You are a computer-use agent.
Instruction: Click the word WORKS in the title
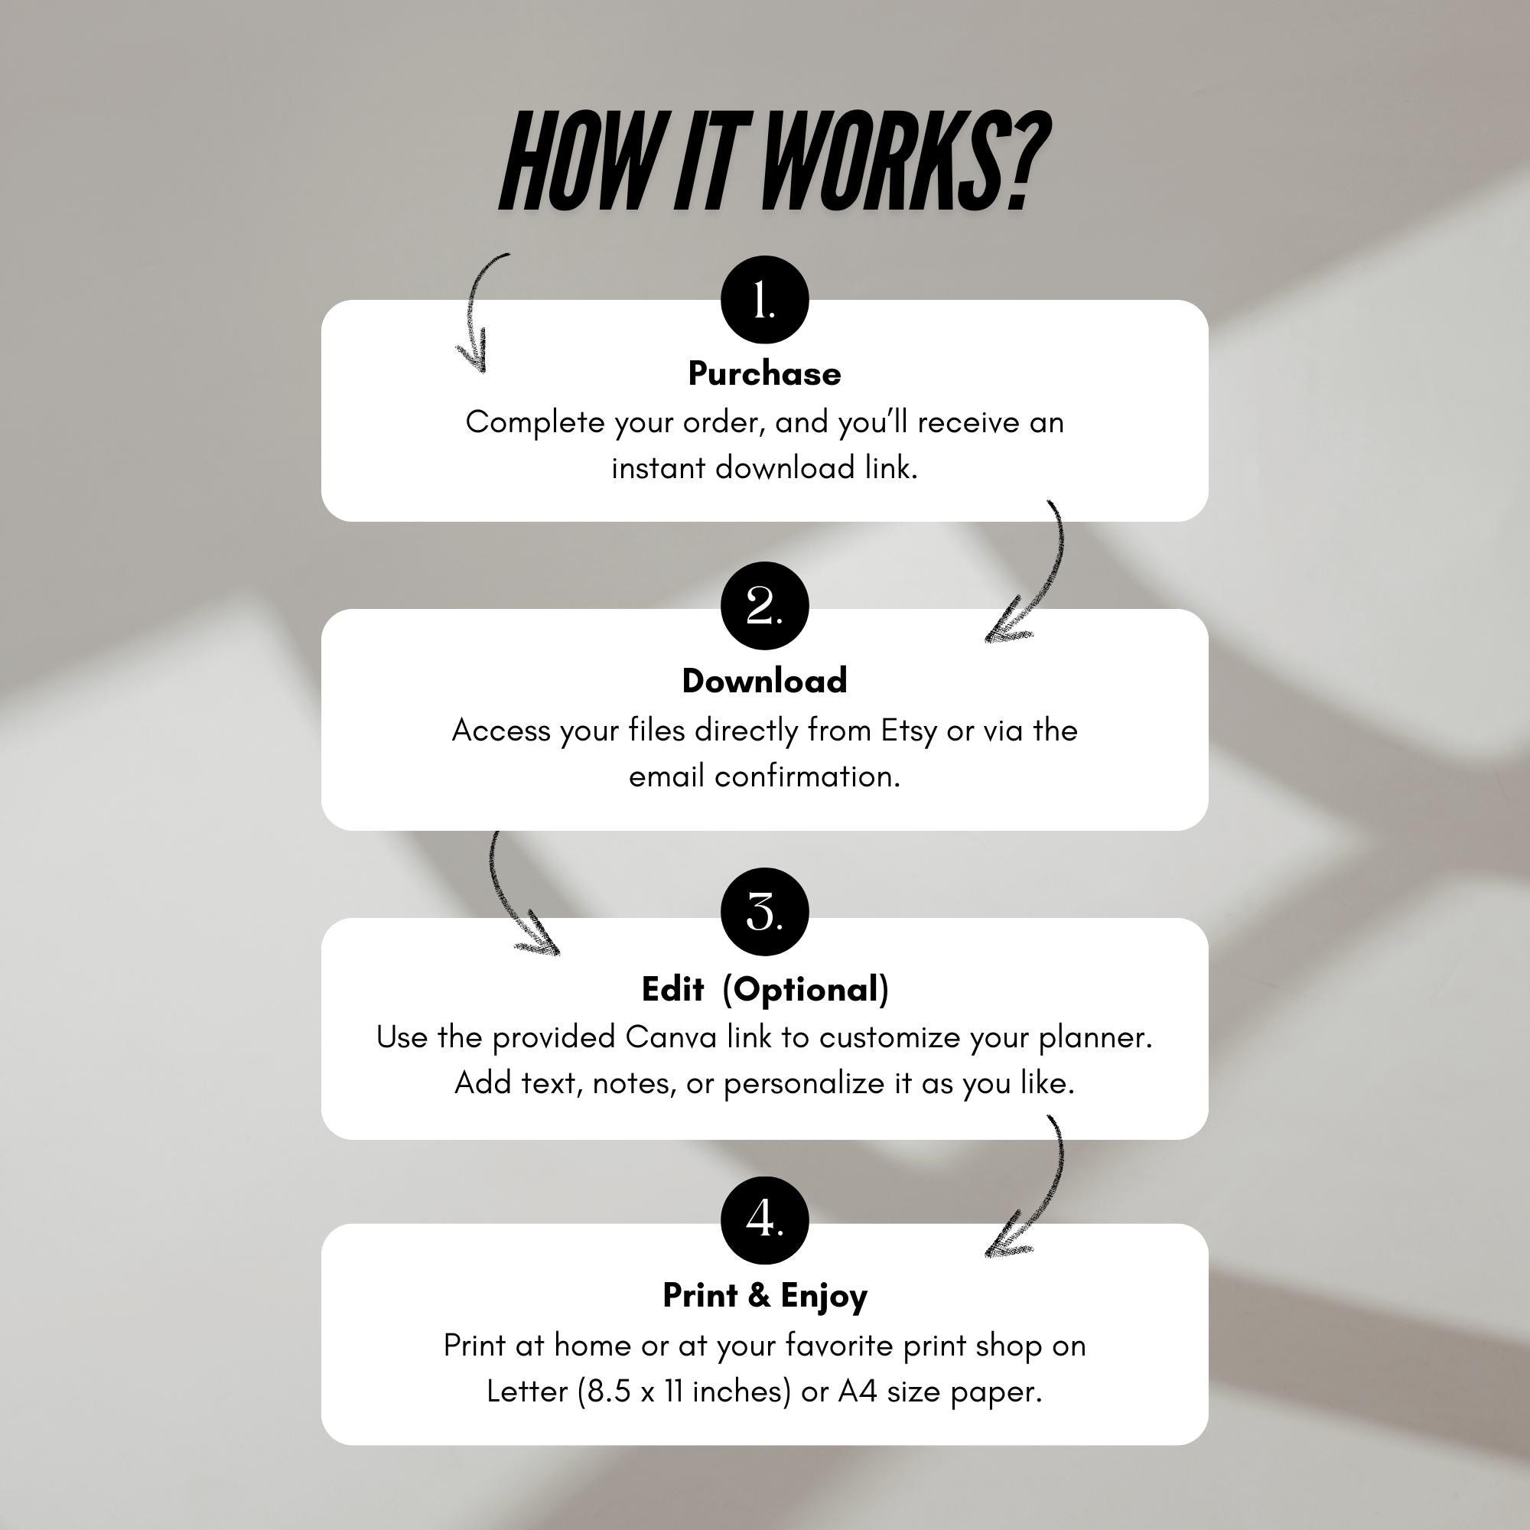(x=883, y=161)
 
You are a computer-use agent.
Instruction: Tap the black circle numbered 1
(x=764, y=300)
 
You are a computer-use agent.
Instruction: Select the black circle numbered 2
(x=764, y=606)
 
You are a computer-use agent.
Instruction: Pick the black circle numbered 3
(x=764, y=913)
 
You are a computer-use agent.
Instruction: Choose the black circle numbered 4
(x=764, y=1219)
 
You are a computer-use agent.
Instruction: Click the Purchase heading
(x=764, y=374)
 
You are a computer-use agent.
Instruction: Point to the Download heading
(x=764, y=681)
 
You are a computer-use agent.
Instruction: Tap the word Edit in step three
(x=672, y=989)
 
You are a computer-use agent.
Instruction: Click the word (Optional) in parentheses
(x=806, y=990)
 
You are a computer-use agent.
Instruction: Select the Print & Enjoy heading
(x=764, y=1297)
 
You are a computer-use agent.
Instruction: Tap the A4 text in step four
(x=858, y=1391)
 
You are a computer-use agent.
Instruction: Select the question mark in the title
(x=1030, y=161)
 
